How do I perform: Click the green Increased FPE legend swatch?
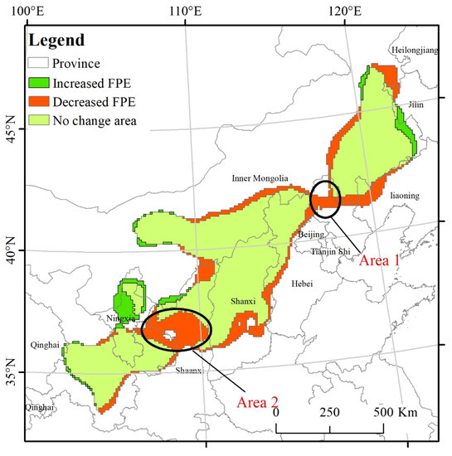click(x=38, y=83)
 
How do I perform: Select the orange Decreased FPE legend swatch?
click(x=38, y=102)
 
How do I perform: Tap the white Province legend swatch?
click(x=38, y=63)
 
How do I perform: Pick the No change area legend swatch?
click(x=38, y=121)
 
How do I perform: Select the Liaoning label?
click(x=405, y=196)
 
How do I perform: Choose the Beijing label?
click(x=311, y=235)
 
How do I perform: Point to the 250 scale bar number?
click(x=329, y=411)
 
